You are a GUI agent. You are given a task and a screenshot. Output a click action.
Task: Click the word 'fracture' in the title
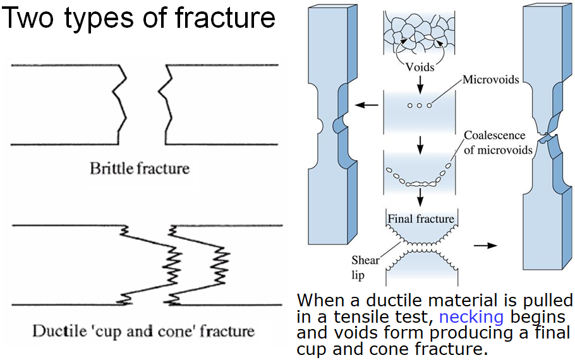[227, 18]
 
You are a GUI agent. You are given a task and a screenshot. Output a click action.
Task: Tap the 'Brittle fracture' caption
[139, 169]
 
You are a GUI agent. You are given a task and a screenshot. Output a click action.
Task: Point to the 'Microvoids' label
[491, 80]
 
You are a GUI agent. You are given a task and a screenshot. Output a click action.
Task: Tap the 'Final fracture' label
[420, 219]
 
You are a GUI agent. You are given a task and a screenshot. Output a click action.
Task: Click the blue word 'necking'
[471, 316]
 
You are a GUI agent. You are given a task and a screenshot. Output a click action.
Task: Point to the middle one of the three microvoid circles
[420, 105]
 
